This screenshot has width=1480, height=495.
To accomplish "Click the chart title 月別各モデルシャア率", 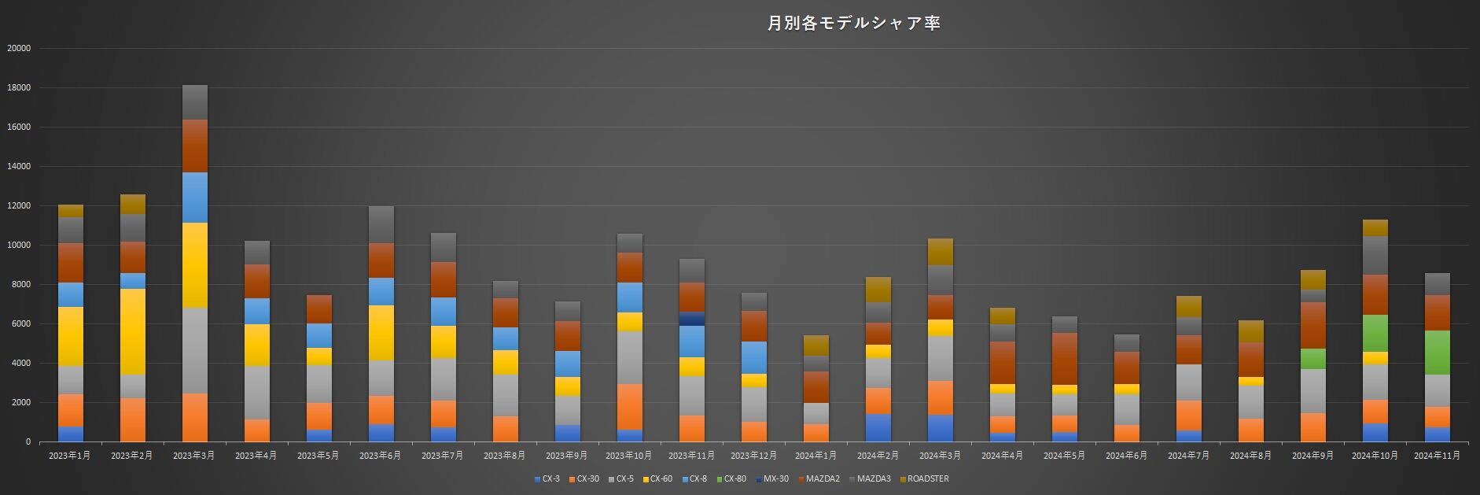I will tap(854, 23).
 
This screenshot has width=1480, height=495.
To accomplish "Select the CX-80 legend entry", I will tap(734, 478).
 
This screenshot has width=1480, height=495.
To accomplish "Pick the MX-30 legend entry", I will tap(775, 478).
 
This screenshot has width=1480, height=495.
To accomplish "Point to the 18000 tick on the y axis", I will tap(19, 87).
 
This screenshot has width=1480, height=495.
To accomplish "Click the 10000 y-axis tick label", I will tap(19, 245).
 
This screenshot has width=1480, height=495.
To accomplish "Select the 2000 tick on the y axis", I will tap(21, 402).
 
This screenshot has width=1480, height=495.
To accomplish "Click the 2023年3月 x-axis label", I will tap(193, 456).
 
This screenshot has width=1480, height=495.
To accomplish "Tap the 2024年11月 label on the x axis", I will tap(1437, 456).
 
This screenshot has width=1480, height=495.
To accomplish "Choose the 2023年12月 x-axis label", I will tap(753, 456).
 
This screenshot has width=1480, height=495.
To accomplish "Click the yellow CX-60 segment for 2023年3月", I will tap(195, 265).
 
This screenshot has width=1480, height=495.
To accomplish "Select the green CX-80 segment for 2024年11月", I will tap(1437, 353).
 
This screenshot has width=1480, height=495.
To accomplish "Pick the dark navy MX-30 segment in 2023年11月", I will tap(692, 319).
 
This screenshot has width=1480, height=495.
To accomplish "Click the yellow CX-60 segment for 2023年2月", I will tap(133, 331).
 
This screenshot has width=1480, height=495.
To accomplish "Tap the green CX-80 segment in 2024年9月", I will tap(1312, 359).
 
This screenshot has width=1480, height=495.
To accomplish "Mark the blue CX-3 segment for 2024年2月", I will tap(878, 427).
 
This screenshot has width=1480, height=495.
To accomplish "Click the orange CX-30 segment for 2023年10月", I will tap(630, 406).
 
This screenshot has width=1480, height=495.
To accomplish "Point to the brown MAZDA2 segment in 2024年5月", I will tap(1064, 359).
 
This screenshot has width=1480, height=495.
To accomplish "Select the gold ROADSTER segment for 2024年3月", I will tap(940, 252).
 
